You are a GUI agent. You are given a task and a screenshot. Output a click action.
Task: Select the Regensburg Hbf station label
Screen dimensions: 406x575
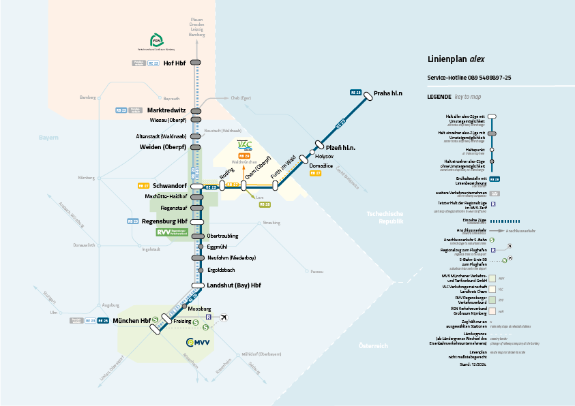coord(164,221)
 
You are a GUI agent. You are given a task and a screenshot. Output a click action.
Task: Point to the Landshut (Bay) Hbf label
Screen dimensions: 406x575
coord(234,285)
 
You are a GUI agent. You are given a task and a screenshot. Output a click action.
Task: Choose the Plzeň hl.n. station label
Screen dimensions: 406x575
coord(341,148)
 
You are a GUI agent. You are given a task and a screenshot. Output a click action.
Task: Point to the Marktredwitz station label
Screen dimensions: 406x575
coord(166,110)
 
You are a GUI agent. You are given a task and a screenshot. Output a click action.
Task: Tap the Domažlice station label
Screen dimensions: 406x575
coord(321,166)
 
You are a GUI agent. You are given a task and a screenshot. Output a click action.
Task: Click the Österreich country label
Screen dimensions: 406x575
coord(374,346)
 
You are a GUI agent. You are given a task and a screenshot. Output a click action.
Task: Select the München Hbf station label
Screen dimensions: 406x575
coord(132,320)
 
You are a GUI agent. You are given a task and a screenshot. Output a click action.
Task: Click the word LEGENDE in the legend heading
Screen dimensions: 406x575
coord(439,97)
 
